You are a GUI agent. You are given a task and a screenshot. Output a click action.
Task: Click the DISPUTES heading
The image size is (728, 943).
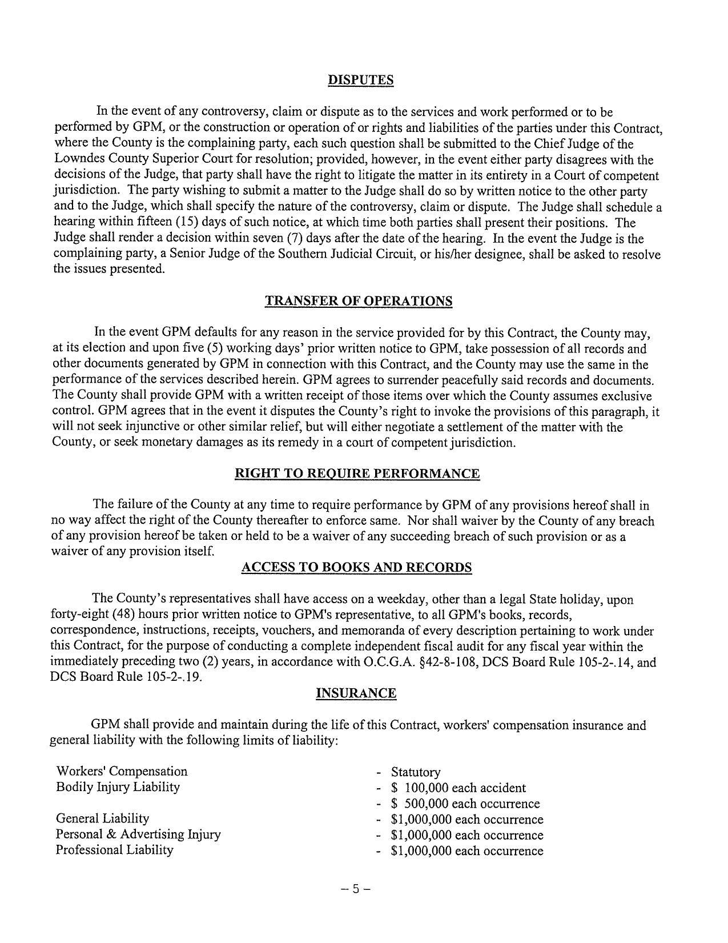pyautogui.click(x=360, y=80)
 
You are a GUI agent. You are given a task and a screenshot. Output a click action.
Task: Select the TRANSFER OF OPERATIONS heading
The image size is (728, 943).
pyautogui.click(x=359, y=301)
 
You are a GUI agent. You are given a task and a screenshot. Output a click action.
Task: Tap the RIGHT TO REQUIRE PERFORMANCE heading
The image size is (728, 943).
pyautogui.click(x=357, y=473)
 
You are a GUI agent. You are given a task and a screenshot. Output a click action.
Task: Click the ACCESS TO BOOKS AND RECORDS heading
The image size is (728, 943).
pyautogui.click(x=356, y=567)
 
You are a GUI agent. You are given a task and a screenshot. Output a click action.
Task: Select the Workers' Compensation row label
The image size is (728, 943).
pyautogui.click(x=122, y=772)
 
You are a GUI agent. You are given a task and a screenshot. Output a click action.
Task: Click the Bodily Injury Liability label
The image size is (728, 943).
pyautogui.click(x=118, y=787)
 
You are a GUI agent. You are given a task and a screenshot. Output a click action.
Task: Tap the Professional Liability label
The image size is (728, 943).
pyautogui.click(x=114, y=850)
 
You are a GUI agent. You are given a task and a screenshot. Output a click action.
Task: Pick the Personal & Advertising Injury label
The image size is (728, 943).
pyautogui.click(x=138, y=834)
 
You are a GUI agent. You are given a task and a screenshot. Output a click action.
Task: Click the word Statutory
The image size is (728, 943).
pyautogui.click(x=416, y=772)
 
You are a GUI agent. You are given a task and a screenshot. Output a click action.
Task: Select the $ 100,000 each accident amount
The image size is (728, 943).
pyautogui.click(x=458, y=788)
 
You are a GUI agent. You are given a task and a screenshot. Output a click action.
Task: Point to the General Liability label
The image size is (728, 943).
pyautogui.click(x=102, y=818)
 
